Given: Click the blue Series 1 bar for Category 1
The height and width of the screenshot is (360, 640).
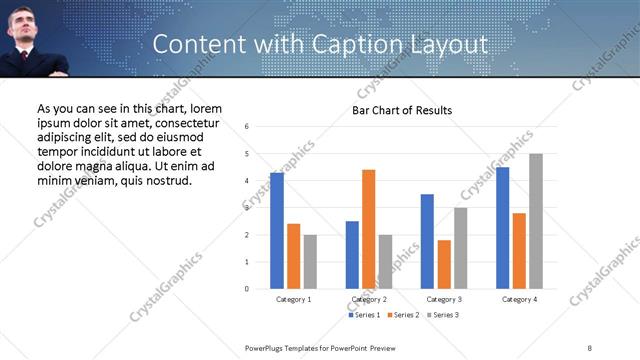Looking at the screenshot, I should pos(277,231).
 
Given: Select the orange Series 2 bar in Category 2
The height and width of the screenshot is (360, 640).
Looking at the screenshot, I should pos(368,229).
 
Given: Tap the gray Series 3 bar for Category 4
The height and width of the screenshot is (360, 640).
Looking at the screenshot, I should pos(536,221).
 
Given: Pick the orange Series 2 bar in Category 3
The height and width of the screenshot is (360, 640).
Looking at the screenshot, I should pos(444,264).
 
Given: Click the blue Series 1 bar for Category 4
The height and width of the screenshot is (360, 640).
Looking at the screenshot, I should pos(502,228).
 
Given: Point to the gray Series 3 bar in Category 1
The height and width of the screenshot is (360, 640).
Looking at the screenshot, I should pos(310,262).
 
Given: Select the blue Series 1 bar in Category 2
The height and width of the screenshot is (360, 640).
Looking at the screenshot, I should pos(352,255).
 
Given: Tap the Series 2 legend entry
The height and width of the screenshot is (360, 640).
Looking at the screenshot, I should pos(403,315).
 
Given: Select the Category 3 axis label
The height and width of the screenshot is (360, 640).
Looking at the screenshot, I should pos(444,299).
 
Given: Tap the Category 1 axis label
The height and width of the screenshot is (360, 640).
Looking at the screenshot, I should pos(293,299).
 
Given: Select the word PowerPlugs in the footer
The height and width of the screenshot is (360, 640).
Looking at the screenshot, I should pos(268,347).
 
